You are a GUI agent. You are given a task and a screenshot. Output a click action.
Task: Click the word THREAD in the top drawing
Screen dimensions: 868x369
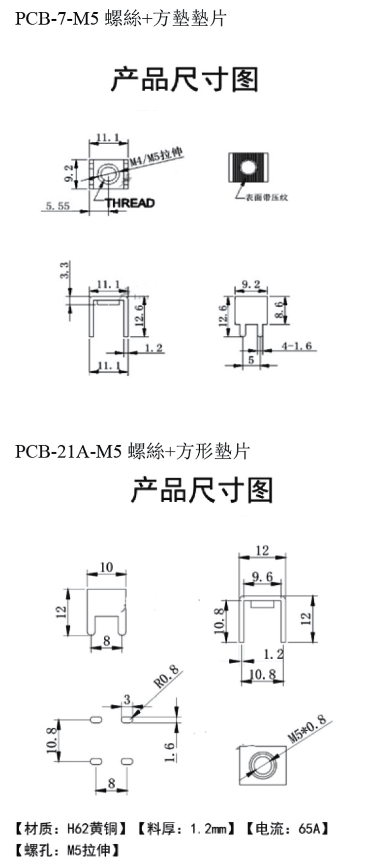[130, 203]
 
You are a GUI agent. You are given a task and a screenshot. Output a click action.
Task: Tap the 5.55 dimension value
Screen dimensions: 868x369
[58, 206]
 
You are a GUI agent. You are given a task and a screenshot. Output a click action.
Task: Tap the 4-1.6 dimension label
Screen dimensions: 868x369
[297, 346]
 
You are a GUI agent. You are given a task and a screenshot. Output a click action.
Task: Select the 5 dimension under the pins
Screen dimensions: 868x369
[251, 360]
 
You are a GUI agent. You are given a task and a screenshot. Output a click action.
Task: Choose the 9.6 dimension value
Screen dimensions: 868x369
[262, 577]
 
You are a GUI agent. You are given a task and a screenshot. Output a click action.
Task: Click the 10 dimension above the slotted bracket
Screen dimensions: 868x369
[106, 567]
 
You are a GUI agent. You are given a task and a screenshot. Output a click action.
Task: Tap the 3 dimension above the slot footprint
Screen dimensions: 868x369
[127, 699]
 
